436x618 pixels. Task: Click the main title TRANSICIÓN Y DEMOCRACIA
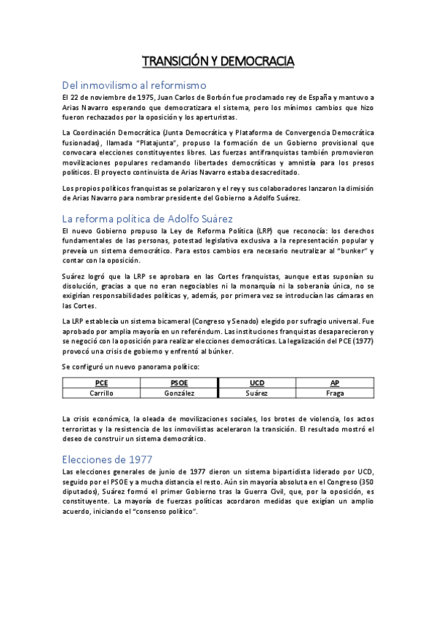[218, 61]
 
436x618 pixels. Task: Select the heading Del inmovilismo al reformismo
[135, 85]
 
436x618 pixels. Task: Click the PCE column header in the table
[101, 382]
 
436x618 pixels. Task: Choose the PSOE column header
[178, 382]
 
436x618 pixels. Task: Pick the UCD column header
[257, 382]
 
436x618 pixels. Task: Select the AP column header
[335, 382]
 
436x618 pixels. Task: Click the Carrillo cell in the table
[101, 393]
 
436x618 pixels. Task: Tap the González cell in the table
[178, 393]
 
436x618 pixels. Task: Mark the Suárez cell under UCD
[257, 393]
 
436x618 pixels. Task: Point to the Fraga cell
[335, 393]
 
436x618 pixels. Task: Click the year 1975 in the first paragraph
[138, 98]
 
